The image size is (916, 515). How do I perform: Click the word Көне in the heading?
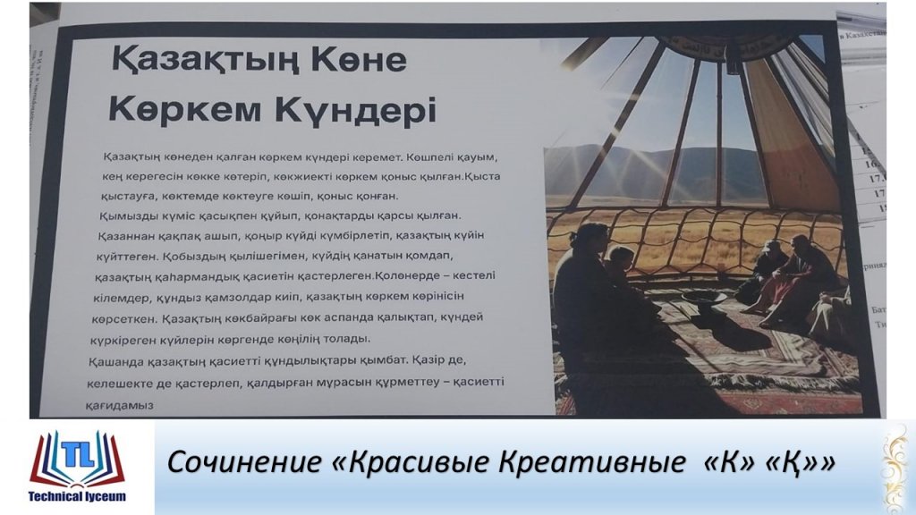point(359,60)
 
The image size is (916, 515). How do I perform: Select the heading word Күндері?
point(355,110)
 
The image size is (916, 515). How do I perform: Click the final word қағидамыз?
point(119,405)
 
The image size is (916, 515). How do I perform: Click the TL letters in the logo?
point(77,453)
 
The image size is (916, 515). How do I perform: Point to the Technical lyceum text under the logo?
point(77,496)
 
